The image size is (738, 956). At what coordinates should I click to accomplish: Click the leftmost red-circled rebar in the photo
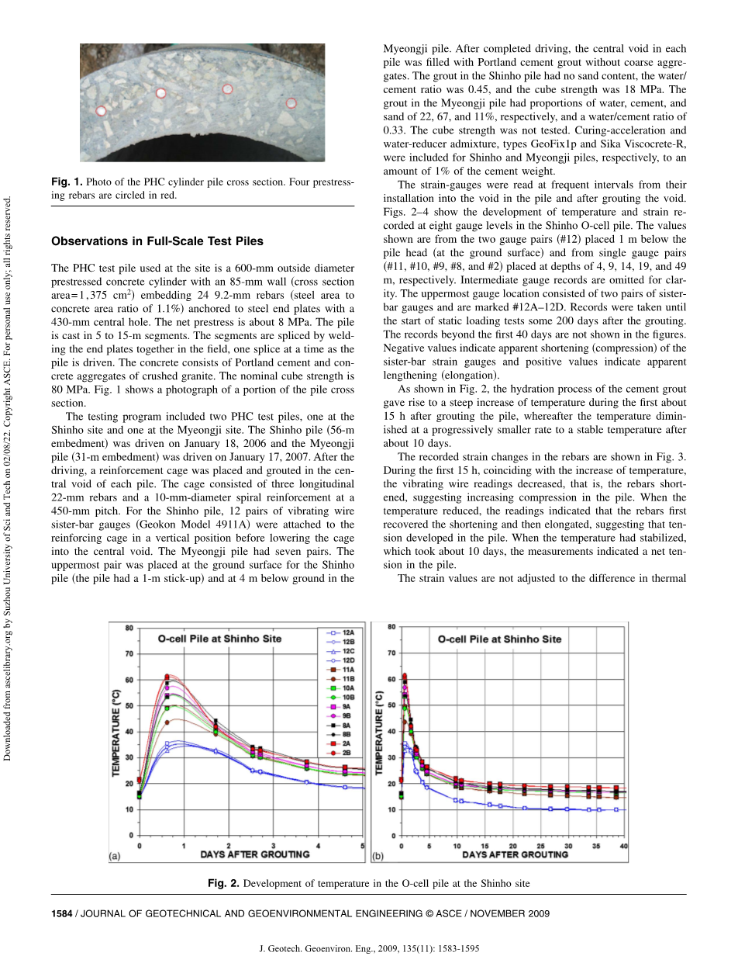(x=101, y=111)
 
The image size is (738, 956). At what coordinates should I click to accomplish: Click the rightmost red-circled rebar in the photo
(x=291, y=102)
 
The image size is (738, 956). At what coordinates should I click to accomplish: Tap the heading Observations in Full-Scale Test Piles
(x=157, y=241)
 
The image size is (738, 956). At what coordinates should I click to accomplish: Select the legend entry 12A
(x=340, y=634)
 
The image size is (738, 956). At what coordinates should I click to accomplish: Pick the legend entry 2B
(x=340, y=753)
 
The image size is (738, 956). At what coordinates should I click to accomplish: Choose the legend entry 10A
(x=340, y=688)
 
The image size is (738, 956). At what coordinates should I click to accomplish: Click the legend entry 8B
(x=340, y=733)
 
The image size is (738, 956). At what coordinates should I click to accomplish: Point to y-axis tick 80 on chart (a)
(x=129, y=627)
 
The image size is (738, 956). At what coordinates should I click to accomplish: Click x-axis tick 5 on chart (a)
(x=363, y=845)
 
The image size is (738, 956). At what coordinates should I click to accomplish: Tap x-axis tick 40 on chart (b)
(x=624, y=845)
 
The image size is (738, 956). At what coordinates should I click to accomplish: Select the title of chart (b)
(x=499, y=639)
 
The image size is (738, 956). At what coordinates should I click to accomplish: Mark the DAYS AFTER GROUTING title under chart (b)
(x=514, y=854)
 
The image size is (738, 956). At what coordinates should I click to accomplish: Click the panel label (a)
(x=114, y=857)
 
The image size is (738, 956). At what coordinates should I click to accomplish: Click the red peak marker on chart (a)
(x=167, y=676)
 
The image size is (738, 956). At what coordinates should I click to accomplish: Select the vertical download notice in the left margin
(x=9, y=478)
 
